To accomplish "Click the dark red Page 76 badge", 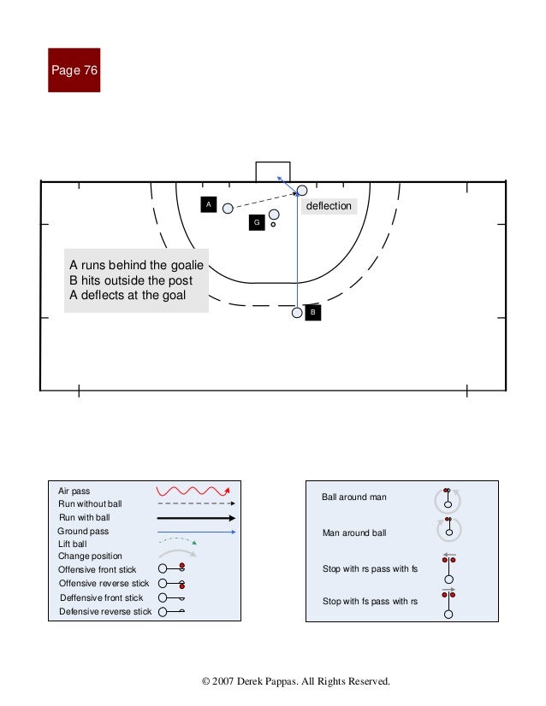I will pos(74,70).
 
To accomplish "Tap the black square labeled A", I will pos(207,204).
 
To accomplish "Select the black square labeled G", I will pos(255,223).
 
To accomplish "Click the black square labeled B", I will pos(313,313).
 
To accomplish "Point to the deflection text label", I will pos(329,206).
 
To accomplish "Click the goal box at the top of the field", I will pos(273,171).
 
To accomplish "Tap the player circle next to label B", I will pos(297,313).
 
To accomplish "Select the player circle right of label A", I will pos(228,209).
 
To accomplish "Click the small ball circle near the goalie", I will pos(273,225).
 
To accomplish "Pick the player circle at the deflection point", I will pos(301,190).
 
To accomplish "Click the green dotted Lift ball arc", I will pos(177,542).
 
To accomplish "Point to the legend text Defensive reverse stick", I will pos(105,611).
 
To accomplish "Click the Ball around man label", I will pos(354,497).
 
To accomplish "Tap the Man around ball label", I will pos(354,533).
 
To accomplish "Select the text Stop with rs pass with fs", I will pos(370,568).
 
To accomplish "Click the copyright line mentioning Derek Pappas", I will pos(295,681).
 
